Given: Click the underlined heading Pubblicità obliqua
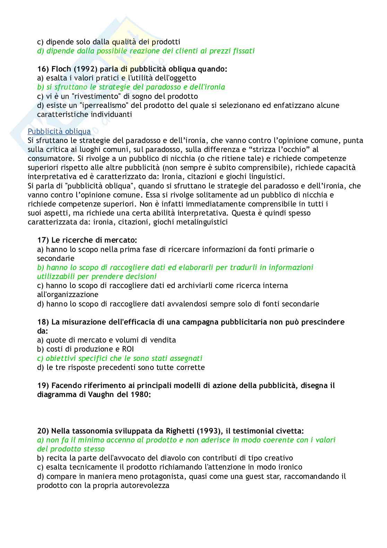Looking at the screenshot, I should click(x=59, y=132).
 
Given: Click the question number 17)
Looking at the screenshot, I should click(x=43, y=240).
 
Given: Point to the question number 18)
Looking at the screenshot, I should click(x=43, y=322).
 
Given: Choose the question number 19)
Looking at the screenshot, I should click(x=43, y=386).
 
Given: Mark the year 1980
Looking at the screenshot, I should click(x=140, y=395).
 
